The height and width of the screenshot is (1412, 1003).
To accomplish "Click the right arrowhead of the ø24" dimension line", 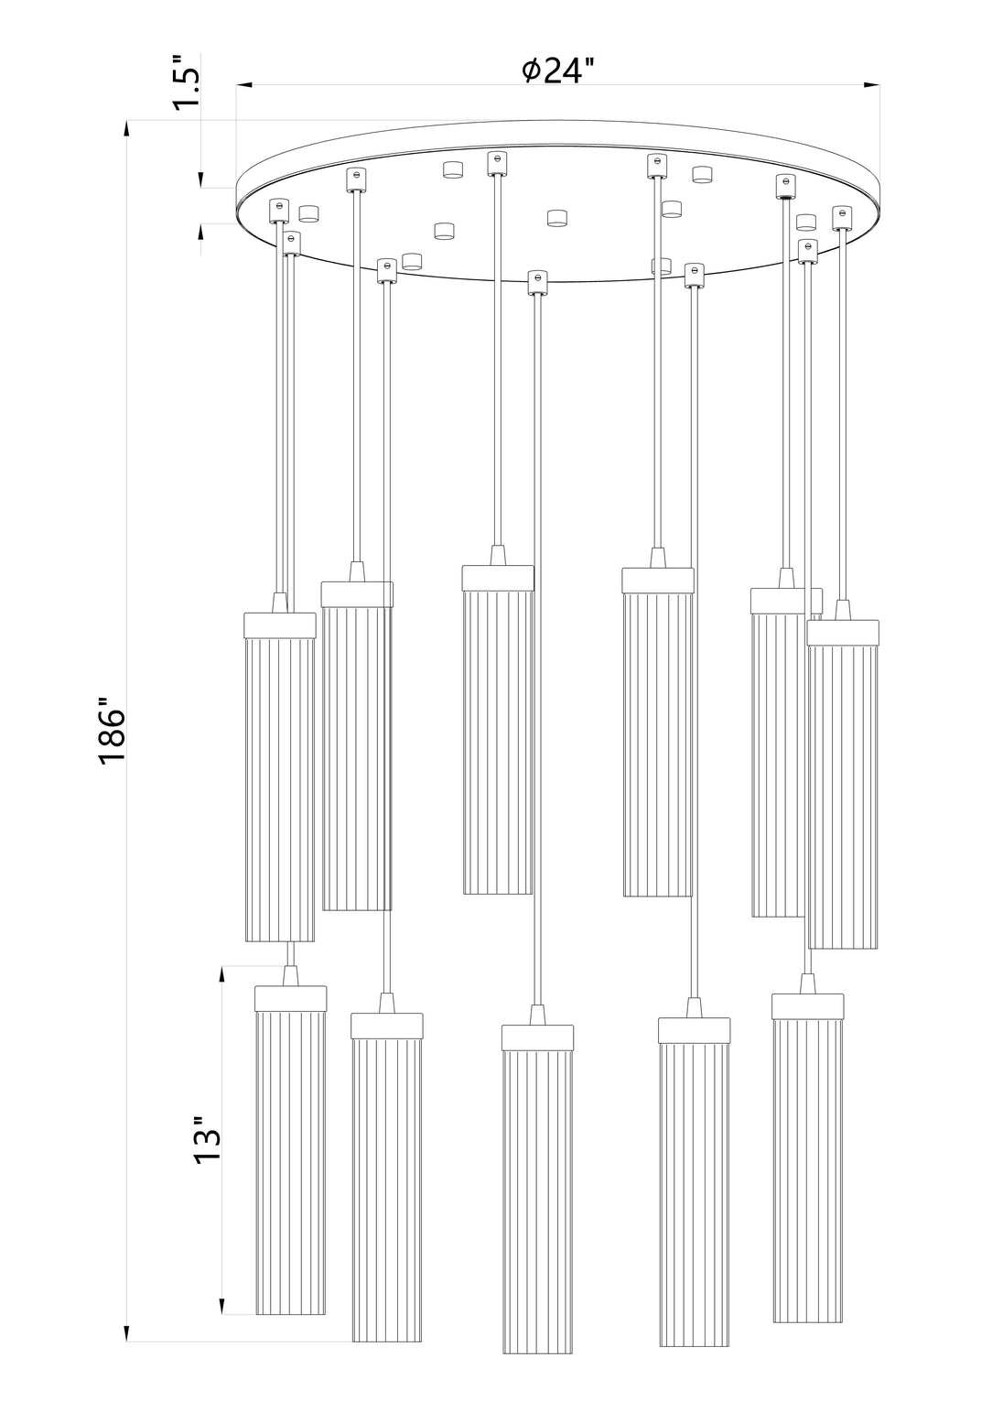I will tap(872, 87).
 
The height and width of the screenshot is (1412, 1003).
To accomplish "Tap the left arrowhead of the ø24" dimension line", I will tap(244, 87).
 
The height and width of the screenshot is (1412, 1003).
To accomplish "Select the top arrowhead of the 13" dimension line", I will tap(222, 973).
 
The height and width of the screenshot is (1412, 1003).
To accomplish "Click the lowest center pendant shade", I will tap(538, 1200).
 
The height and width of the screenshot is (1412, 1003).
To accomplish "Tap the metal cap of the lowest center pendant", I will tap(538, 1037).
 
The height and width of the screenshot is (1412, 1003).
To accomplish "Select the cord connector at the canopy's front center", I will tap(538, 282).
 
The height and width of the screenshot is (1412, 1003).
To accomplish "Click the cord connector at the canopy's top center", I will tap(498, 163).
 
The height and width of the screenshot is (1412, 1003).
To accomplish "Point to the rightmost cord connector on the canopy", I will tap(842, 218).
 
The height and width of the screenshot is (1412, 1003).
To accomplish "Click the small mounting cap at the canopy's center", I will tap(556, 218).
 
